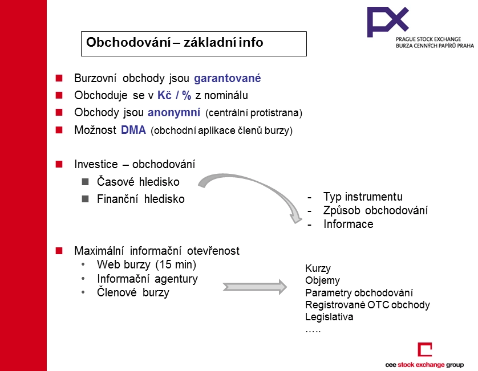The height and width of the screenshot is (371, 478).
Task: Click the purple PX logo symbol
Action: [388, 22]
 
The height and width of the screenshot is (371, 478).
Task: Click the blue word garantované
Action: [228, 78]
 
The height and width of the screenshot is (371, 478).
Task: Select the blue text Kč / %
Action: [174, 95]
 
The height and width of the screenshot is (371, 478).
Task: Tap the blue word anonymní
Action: [174, 112]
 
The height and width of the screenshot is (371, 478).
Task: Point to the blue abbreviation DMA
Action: [133, 130]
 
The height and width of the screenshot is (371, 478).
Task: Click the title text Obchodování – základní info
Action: [175, 42]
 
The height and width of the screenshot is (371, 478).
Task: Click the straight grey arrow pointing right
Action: [255, 287]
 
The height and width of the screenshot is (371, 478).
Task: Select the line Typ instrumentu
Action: [363, 197]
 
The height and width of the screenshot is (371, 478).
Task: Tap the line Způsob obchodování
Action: [375, 210]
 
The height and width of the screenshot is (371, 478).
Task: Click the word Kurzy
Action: [318, 268]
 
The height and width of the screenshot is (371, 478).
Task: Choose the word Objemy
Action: [322, 280]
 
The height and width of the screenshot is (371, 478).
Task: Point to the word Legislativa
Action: [329, 317]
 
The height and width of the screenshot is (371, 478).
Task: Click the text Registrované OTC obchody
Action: [367, 304]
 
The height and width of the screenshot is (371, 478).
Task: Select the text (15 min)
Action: [176, 264]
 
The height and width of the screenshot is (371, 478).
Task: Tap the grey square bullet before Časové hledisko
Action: [86, 182]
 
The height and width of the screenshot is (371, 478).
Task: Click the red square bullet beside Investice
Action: [59, 164]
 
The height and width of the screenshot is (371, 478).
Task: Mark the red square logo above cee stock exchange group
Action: [425, 349]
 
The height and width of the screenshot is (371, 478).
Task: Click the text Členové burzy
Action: [133, 292]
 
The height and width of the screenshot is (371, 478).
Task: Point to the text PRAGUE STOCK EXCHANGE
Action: [428, 39]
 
